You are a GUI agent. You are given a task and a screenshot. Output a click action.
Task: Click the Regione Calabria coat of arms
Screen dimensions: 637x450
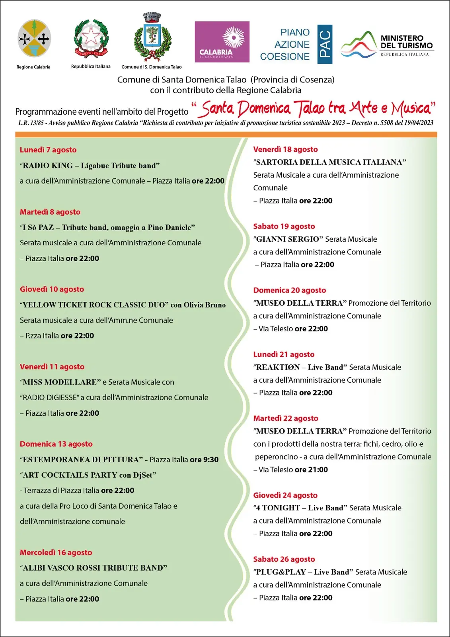[x=34, y=38]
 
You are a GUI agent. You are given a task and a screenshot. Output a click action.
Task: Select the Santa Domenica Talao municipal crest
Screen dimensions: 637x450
[x=152, y=36]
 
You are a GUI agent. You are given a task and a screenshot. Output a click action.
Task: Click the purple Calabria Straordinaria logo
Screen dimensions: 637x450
[x=222, y=42]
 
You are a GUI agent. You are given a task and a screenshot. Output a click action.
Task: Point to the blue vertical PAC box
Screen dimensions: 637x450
[x=325, y=44]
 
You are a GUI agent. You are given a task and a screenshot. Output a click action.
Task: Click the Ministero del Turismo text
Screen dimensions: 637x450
[x=406, y=42]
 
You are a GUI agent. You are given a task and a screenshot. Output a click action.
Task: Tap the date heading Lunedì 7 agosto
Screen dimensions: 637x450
[x=48, y=150]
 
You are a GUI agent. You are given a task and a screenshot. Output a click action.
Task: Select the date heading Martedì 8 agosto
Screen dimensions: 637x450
[x=50, y=212]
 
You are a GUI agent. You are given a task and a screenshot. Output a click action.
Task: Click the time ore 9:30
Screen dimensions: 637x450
[x=204, y=460]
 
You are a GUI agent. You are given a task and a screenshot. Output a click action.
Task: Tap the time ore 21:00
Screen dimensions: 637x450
[x=311, y=470]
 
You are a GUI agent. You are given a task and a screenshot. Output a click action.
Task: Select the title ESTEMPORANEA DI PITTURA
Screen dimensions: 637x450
[x=81, y=460]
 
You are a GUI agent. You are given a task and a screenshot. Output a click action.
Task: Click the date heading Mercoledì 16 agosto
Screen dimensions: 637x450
[x=56, y=553]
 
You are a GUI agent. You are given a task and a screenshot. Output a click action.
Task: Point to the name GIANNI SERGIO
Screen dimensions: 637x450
[x=288, y=239]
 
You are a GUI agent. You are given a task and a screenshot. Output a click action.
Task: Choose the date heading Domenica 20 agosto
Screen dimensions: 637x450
[x=290, y=290]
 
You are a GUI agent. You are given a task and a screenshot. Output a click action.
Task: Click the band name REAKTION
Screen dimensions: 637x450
[x=278, y=367]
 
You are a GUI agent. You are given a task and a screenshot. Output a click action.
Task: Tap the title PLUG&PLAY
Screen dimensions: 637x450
[x=281, y=572]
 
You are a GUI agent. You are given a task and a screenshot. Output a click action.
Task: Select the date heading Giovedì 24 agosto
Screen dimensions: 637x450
[x=285, y=495]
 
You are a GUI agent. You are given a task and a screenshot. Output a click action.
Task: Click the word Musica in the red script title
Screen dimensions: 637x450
[x=411, y=109]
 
